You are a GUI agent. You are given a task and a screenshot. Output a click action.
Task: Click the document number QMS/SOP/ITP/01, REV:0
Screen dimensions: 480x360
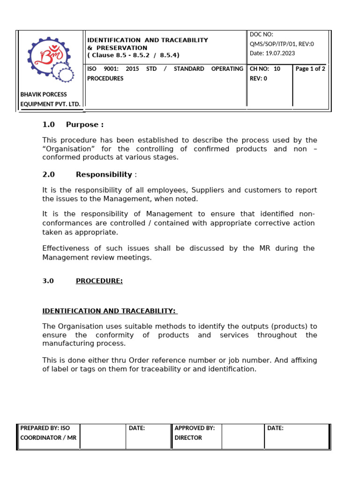282,44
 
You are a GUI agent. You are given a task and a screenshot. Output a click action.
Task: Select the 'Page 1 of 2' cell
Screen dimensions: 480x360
310,69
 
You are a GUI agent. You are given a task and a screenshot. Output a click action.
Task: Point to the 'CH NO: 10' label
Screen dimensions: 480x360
265,69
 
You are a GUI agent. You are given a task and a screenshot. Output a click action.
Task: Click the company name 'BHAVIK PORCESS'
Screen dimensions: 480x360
44,94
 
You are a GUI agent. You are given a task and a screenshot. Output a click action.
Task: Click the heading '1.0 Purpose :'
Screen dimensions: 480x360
73,125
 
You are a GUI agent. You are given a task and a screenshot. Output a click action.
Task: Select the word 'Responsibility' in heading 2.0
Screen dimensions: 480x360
104,174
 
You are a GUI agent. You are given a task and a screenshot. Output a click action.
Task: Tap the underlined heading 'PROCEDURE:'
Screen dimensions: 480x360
99,281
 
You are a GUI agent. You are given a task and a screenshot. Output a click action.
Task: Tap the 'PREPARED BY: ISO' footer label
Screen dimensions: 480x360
45,428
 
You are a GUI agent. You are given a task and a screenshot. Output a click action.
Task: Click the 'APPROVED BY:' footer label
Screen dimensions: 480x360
195,428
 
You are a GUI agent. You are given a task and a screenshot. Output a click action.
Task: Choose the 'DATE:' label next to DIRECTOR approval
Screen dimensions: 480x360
275,428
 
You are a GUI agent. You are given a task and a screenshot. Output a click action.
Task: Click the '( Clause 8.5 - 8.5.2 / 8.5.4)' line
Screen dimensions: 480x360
133,55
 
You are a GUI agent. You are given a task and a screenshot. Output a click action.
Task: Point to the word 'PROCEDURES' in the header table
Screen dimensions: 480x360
105,78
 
